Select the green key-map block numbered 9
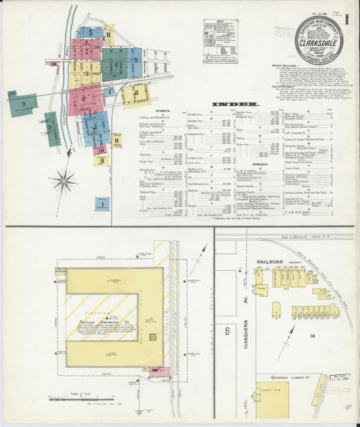coord(22,104)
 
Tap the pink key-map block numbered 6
coord(84,99)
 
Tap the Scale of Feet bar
coord(81,399)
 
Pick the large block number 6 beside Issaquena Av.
coord(228,330)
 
